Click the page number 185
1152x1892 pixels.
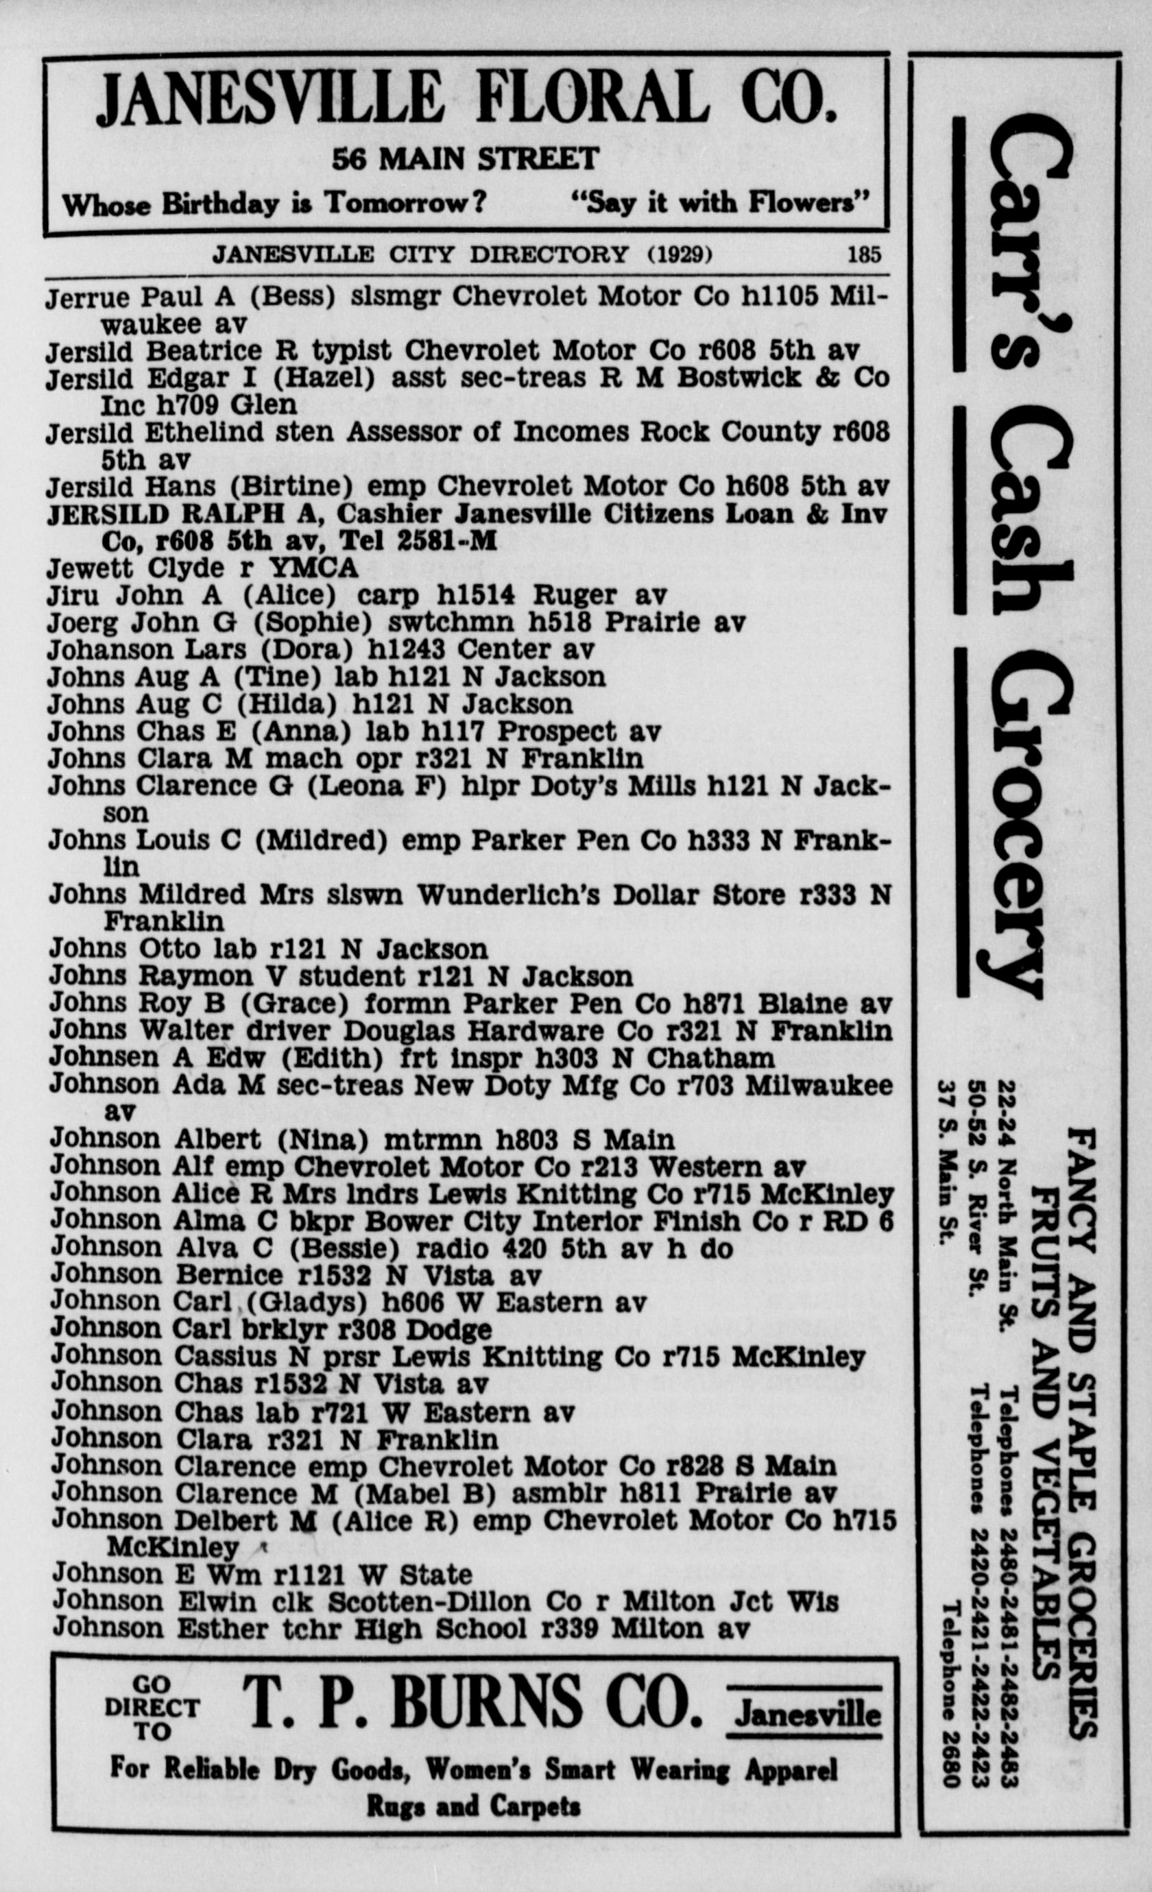click(864, 254)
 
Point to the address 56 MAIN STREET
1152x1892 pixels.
click(465, 158)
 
